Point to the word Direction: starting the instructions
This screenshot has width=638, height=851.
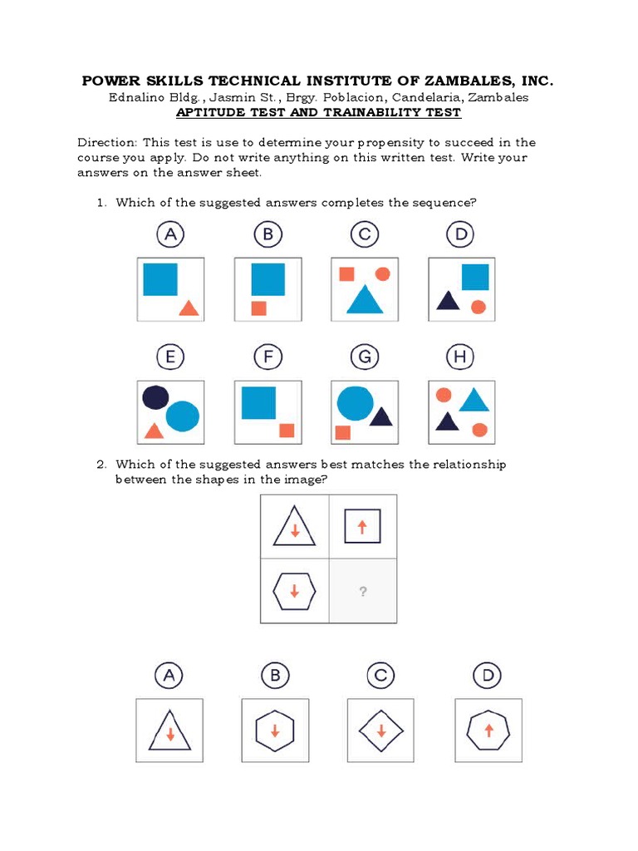[106, 142]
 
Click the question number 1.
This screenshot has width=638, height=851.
[101, 203]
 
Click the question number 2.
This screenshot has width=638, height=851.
[101, 465]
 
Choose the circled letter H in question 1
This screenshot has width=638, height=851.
[461, 358]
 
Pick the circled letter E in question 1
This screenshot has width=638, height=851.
[170, 358]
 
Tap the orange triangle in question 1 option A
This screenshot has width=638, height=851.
[189, 308]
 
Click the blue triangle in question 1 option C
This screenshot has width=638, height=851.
[364, 300]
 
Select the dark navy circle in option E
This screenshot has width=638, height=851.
[155, 398]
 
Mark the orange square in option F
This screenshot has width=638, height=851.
[287, 430]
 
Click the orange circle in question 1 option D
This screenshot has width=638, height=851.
[478, 307]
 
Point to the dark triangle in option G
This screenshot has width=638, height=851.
[381, 416]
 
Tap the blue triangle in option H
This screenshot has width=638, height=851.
[474, 401]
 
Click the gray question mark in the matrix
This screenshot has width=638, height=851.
[363, 592]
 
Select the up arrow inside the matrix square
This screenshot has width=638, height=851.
[362, 526]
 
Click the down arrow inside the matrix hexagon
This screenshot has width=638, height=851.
[295, 592]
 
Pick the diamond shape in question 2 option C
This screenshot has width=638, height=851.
[380, 730]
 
